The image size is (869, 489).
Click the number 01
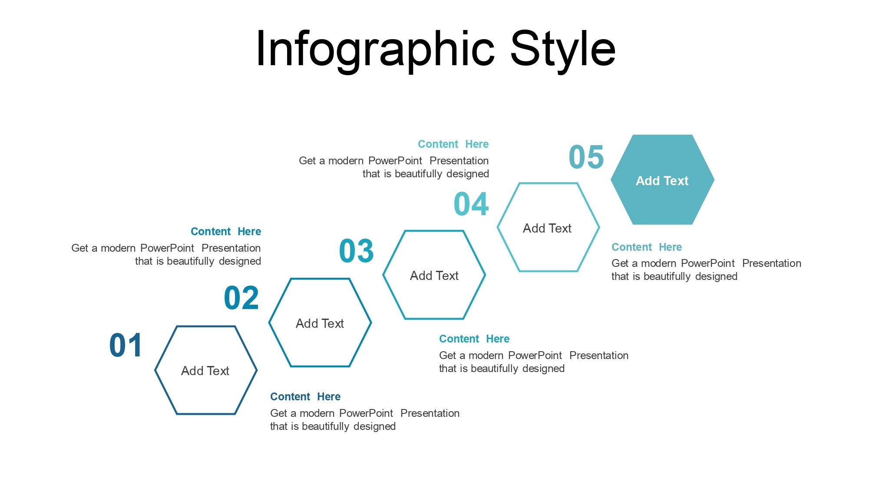(x=126, y=346)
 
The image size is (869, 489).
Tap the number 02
(x=241, y=298)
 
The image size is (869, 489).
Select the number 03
(x=356, y=251)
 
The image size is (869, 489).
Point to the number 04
(x=471, y=204)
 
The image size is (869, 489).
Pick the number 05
(x=586, y=157)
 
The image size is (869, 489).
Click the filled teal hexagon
(x=662, y=180)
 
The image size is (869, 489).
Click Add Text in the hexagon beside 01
(x=205, y=371)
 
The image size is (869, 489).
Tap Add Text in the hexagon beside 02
(x=320, y=323)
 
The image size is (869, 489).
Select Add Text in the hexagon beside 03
(x=434, y=276)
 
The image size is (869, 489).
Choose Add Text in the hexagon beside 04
(x=547, y=228)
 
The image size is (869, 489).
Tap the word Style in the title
(x=563, y=49)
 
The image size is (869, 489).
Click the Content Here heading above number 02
(x=226, y=232)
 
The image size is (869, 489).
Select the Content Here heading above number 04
(x=453, y=144)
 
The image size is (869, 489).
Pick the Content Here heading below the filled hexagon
(x=647, y=247)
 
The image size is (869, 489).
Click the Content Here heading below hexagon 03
(x=474, y=339)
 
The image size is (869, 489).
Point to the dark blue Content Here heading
(x=305, y=397)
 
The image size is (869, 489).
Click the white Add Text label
(x=662, y=181)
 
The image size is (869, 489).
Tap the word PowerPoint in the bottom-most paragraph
(x=366, y=413)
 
